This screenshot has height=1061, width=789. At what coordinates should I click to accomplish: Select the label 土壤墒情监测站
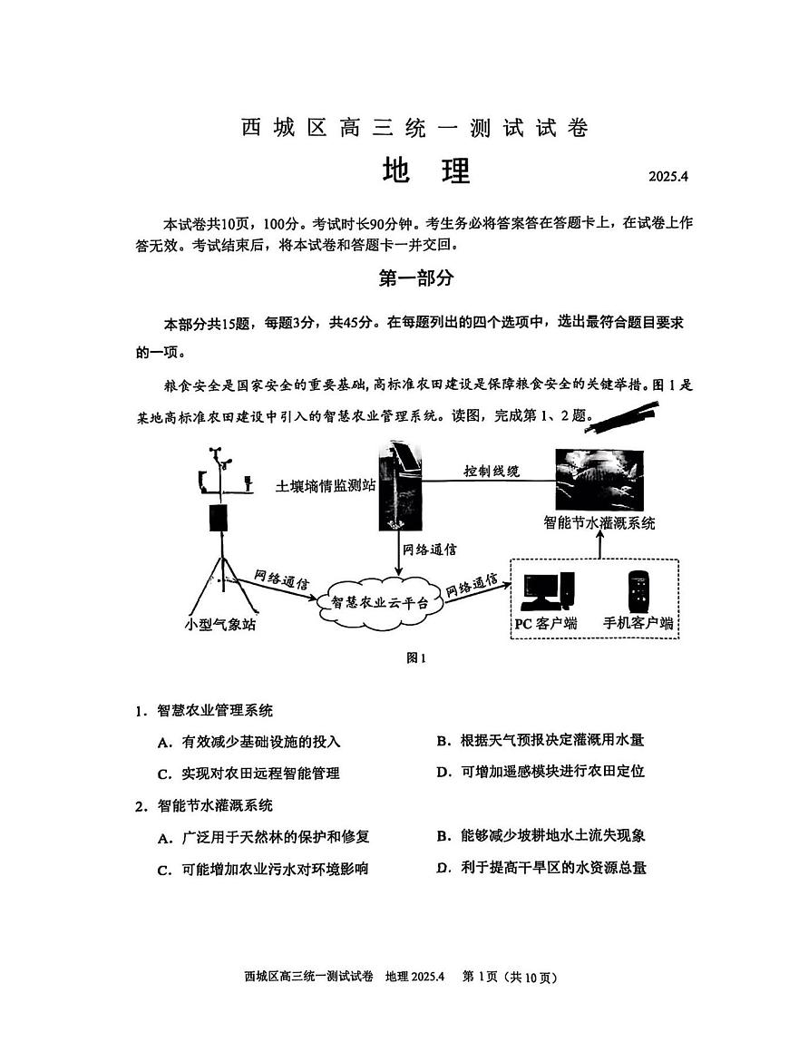click(325, 485)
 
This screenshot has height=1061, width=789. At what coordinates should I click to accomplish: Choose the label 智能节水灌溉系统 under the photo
click(599, 522)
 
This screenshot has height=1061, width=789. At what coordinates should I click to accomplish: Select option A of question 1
click(249, 742)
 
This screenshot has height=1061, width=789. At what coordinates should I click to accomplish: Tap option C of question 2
click(263, 869)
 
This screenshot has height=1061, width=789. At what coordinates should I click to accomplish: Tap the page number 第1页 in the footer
click(483, 977)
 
